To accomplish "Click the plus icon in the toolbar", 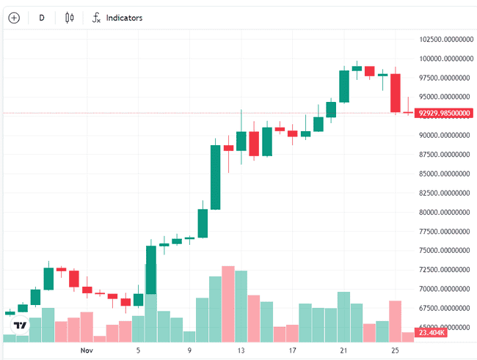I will [x=14, y=17].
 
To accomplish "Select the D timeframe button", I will [x=41, y=17].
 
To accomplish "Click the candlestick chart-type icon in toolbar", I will [x=70, y=17].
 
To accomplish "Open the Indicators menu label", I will [x=124, y=18].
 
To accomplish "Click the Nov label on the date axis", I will [x=86, y=351].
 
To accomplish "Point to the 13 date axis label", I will [x=241, y=351].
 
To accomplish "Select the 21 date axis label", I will [x=343, y=351].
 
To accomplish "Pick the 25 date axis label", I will [x=395, y=351].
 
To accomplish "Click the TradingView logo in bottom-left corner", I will [x=21, y=325].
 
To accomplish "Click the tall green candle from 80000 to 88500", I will [x=215, y=177].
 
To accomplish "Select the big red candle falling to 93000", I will [x=395, y=93].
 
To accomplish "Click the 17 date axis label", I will [x=292, y=351].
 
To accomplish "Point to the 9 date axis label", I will [x=189, y=351].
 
